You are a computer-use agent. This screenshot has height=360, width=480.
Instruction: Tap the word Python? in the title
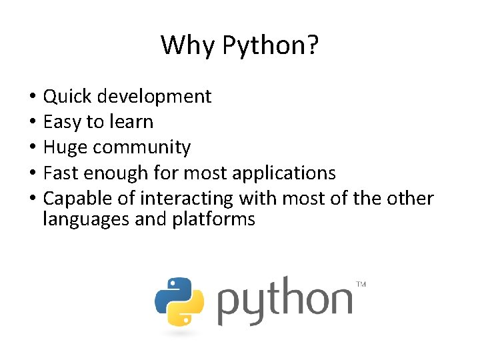point(270,46)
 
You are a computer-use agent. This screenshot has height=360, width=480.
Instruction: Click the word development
point(155,97)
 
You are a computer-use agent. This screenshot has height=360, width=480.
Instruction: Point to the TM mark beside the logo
point(361,285)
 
